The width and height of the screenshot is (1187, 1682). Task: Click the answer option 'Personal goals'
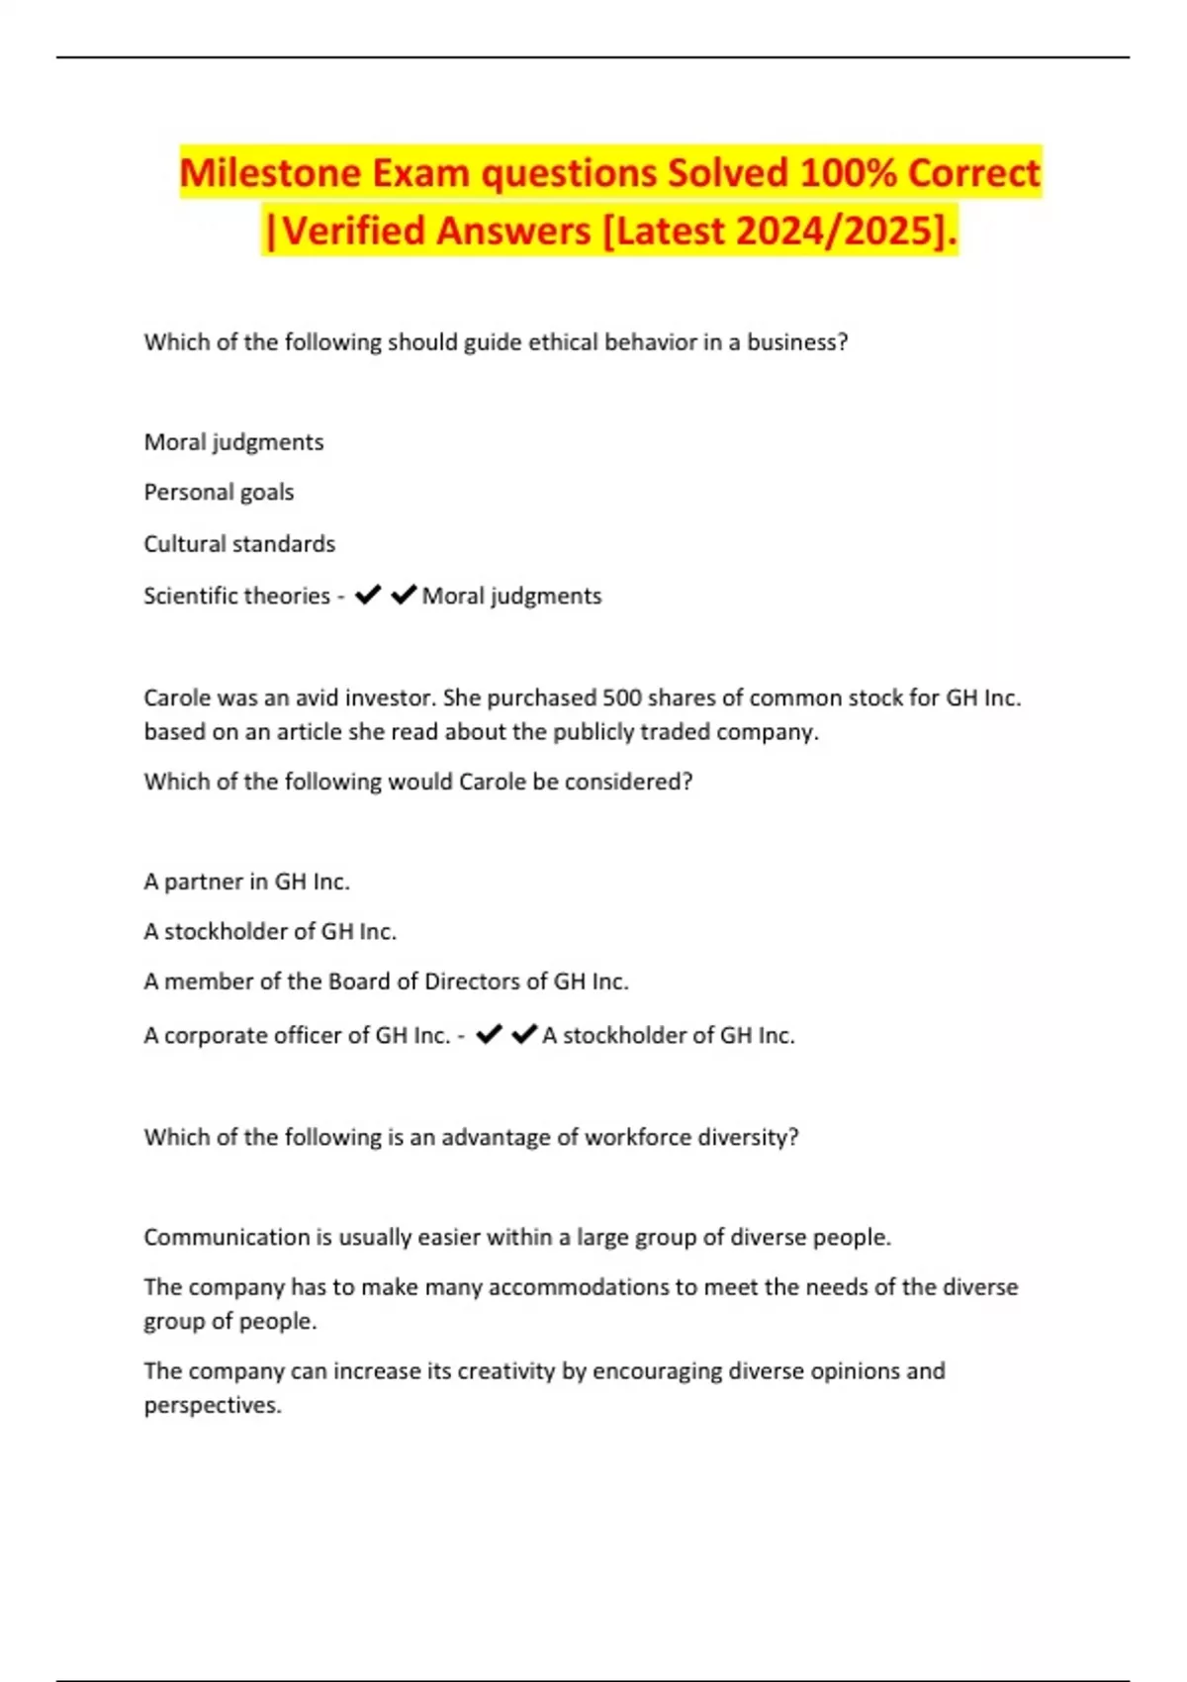click(219, 493)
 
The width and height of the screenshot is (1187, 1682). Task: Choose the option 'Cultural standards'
click(239, 544)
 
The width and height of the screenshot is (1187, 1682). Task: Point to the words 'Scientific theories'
click(236, 596)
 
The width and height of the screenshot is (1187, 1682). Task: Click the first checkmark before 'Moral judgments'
click(368, 595)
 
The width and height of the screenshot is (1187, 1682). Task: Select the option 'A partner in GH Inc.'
click(246, 882)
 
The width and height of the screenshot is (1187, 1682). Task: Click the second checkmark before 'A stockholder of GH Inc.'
click(524, 1035)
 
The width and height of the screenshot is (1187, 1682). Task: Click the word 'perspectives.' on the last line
click(213, 1406)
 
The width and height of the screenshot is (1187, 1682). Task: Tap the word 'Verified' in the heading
click(353, 232)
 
